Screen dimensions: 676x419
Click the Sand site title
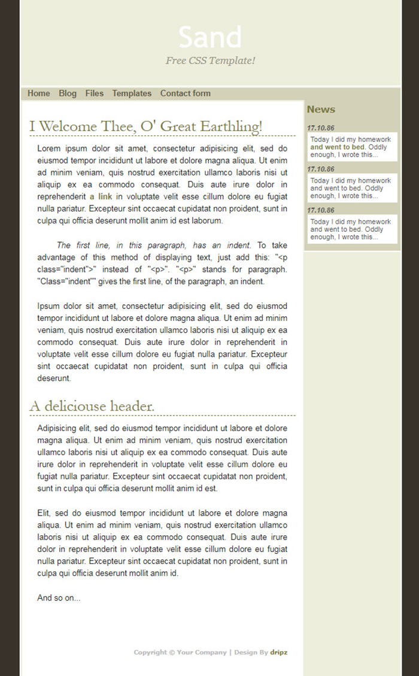(210, 38)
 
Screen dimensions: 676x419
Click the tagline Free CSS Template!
(210, 60)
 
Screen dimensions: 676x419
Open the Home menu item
(39, 93)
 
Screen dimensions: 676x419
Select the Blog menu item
(68, 93)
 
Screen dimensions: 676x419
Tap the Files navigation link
(94, 93)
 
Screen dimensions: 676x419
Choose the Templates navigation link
(132, 93)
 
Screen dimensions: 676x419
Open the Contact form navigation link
(185, 93)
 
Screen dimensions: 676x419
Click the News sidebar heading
(321, 110)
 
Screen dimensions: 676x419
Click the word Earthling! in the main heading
(231, 127)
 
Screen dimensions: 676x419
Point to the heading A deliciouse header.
(92, 407)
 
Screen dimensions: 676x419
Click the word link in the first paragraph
(105, 196)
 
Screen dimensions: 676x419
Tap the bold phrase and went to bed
(337, 147)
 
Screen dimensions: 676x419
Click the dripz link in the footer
(278, 653)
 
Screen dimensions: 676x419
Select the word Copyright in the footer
(150, 653)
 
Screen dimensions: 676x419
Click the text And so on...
(59, 598)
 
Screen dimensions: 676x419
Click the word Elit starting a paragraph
(44, 513)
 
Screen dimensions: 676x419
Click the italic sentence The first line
(154, 245)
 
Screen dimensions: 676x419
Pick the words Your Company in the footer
(202, 653)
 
